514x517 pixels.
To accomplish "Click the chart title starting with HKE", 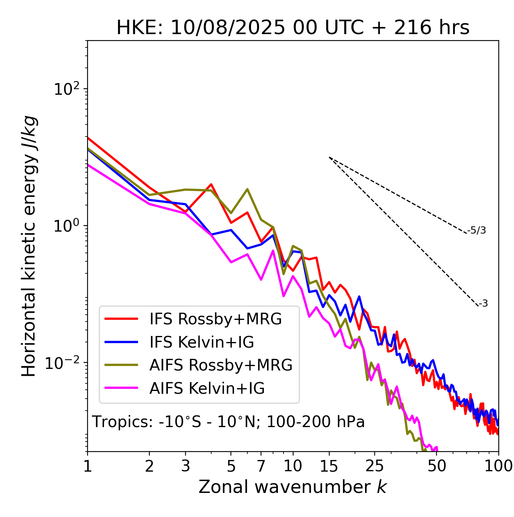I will click(x=293, y=28).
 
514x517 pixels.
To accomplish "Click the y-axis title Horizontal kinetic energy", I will click(x=29, y=246).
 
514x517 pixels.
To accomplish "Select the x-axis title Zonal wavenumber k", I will click(x=293, y=486).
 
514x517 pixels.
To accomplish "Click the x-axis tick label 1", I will click(x=88, y=466).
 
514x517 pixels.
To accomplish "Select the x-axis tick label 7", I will click(x=261, y=466).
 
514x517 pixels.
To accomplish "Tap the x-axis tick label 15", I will click(x=329, y=466).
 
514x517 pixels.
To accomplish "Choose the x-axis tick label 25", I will click(x=375, y=466).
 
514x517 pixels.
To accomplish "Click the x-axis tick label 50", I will click(x=437, y=466).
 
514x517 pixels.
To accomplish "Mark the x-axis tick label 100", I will click(x=498, y=466).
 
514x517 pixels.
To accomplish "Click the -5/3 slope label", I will click(x=477, y=230).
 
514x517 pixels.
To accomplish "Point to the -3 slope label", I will click(x=483, y=304).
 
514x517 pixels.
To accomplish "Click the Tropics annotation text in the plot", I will click(x=228, y=422).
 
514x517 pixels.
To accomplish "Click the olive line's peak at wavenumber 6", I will click(x=247, y=189).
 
